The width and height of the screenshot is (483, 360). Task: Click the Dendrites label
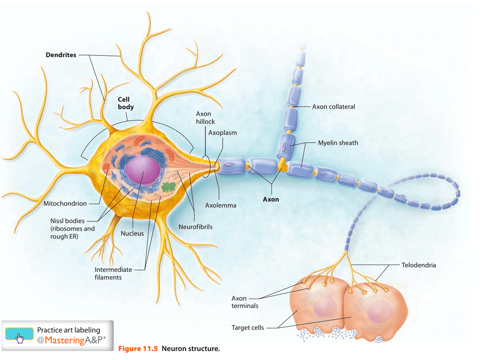coord(61,55)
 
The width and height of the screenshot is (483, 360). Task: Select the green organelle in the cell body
coord(169,187)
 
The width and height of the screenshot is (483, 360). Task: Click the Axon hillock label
coord(205,118)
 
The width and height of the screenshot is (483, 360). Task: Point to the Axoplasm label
coord(222,133)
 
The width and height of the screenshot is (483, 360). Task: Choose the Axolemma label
coord(221,205)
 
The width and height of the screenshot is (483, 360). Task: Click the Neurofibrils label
coord(196,227)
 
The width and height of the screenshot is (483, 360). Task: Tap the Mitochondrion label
coord(65,204)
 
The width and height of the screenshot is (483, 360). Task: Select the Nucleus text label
coord(132,234)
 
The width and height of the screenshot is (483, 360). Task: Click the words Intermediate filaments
coord(113,273)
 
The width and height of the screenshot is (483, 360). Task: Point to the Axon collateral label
coord(334,107)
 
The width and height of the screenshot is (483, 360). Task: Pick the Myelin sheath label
coord(338,143)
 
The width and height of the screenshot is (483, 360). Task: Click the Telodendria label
coord(418,265)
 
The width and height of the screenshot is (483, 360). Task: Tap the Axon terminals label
coord(245,302)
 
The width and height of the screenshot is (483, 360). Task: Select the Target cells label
coord(248,328)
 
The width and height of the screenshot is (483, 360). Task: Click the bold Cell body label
coord(126,103)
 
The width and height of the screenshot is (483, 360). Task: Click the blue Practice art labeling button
coord(19,334)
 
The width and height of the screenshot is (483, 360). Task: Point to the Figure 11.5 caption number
coord(138,349)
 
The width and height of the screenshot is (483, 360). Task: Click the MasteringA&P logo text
coord(71,340)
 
